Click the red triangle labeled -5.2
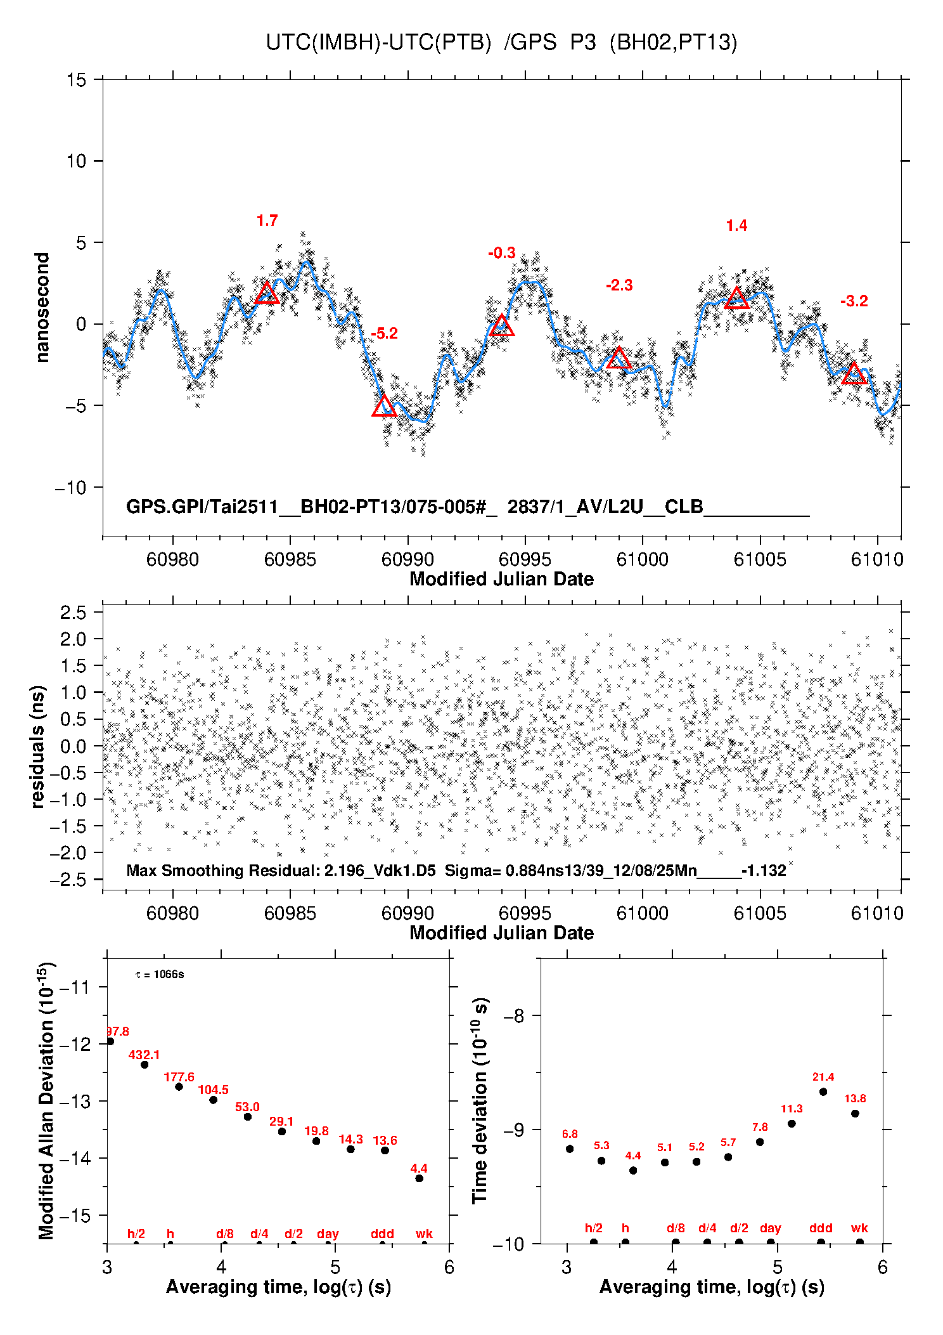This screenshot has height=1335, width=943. point(384,407)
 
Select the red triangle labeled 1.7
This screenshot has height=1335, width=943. point(267,294)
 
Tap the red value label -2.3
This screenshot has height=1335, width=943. point(619,285)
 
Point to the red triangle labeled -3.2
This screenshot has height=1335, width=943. point(854,374)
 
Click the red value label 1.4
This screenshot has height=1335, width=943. point(736,226)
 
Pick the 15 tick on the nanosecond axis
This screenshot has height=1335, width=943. point(77,80)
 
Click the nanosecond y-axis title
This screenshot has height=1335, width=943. point(42,308)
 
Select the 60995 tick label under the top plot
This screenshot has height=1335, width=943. point(525,559)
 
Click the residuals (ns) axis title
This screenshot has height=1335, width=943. point(38,746)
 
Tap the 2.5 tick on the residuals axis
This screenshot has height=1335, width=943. point(73,613)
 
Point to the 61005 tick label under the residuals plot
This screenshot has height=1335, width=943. point(759,913)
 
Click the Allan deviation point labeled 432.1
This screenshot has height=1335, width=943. point(144,1064)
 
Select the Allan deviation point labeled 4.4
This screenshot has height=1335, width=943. point(419,1178)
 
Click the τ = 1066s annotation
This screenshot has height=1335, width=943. point(160,974)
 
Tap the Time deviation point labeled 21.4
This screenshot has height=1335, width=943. point(823,1091)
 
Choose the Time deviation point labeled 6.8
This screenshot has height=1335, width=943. point(570,1149)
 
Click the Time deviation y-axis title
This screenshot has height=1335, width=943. point(480,1100)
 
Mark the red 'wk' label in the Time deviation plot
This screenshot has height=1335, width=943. point(859,1228)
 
